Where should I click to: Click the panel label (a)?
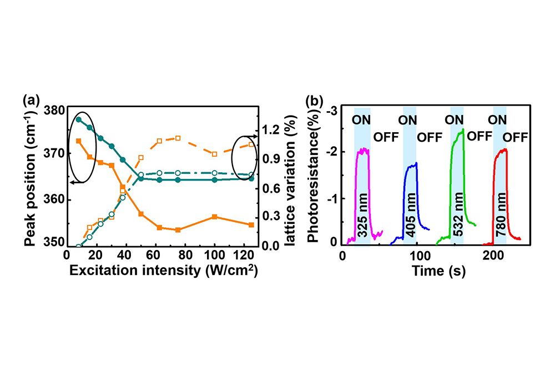(31, 100)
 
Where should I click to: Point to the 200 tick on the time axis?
(492, 256)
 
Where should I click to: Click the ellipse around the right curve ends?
(245, 159)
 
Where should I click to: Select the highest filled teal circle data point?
(79, 119)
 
